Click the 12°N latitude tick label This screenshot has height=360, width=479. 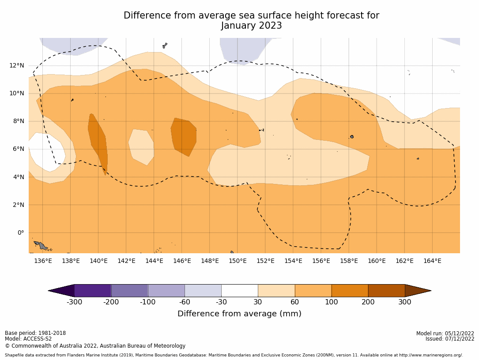[17, 65]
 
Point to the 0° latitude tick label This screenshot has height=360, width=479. [21, 232]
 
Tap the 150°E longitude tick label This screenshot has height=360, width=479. [238, 261]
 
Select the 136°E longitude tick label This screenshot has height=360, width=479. [43, 261]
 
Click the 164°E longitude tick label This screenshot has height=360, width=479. [432, 261]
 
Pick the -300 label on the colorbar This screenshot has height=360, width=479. [74, 302]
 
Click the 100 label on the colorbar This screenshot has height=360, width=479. [331, 302]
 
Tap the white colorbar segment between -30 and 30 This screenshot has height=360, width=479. [239, 290]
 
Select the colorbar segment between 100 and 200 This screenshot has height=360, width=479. [350, 290]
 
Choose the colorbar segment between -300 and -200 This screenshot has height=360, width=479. [93, 290]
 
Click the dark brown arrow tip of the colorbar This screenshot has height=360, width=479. [417, 290]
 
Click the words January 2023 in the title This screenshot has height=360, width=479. [251, 26]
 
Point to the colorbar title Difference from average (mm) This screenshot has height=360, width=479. [239, 314]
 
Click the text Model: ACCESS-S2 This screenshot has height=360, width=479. [28, 339]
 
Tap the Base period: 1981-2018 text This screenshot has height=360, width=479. [35, 333]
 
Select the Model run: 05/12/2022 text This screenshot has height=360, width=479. [445, 334]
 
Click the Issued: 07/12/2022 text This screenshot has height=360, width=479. [450, 339]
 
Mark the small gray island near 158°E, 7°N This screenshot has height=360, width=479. [352, 137]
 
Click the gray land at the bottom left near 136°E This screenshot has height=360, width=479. [41, 245]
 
